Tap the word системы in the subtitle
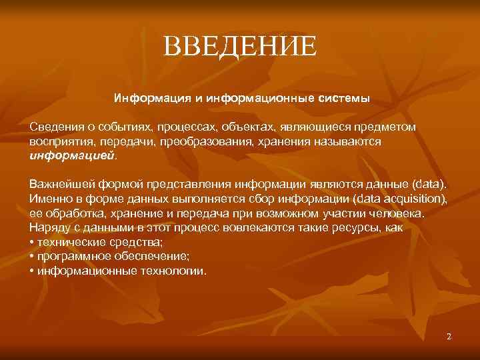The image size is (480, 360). (343, 99)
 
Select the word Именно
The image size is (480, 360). (47, 199)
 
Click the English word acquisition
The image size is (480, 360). (415, 199)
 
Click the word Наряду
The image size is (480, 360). (47, 229)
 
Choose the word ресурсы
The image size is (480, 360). (357, 229)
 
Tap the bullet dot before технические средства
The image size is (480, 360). (32, 243)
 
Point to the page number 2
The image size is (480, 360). (449, 337)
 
